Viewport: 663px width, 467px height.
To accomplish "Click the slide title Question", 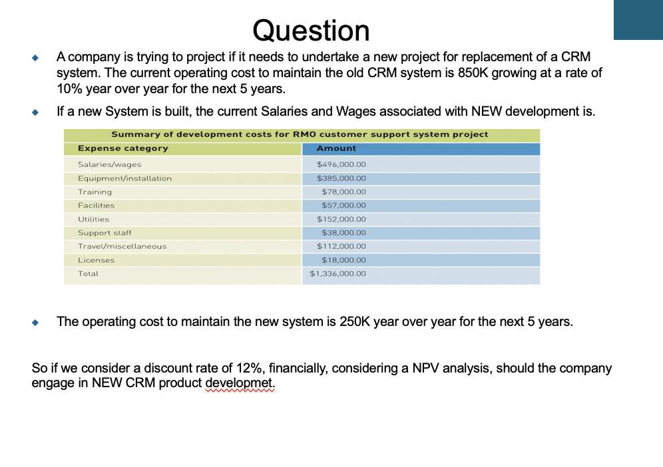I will [311, 31].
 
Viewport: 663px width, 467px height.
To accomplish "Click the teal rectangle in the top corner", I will [638, 20].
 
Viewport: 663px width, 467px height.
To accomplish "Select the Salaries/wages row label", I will [109, 164].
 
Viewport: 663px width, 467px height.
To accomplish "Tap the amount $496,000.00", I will [341, 164].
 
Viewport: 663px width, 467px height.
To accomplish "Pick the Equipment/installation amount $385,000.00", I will [341, 178].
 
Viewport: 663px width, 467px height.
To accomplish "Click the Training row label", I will [95, 192].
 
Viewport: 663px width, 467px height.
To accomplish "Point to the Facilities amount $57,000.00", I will [343, 206].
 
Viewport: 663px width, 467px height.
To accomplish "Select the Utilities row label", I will [93, 219].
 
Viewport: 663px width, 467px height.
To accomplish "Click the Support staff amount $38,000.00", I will [343, 233].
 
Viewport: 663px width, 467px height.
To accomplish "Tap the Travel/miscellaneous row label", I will [122, 246].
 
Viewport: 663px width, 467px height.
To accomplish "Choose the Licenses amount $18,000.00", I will [343, 260].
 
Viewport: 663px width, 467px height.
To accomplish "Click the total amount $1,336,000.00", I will [337, 273].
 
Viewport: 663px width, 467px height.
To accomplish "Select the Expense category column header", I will [122, 148].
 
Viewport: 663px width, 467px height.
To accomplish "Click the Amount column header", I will [336, 148].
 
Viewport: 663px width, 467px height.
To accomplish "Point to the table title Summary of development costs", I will [300, 134].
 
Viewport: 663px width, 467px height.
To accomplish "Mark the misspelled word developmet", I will [240, 384].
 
